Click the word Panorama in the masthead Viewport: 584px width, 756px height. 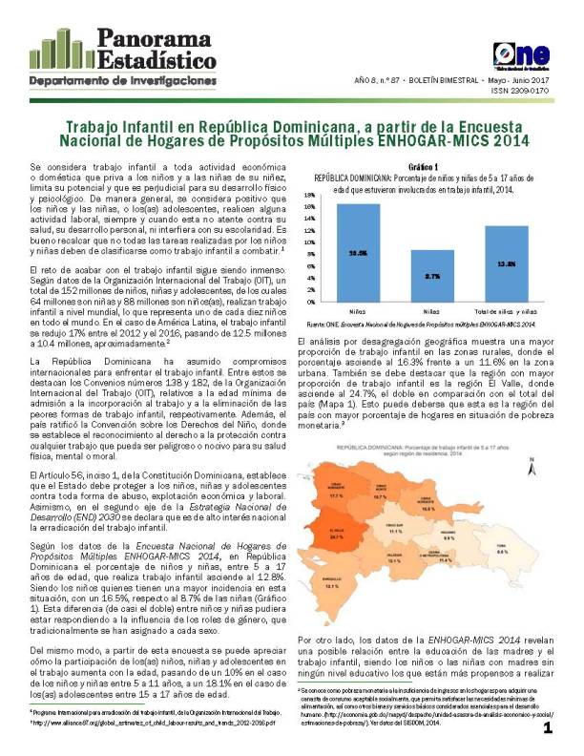(x=150, y=37)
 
